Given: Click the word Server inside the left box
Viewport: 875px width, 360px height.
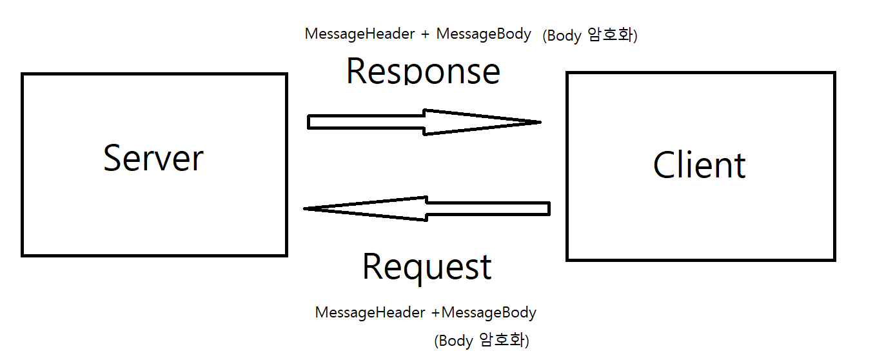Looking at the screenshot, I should pos(153,158).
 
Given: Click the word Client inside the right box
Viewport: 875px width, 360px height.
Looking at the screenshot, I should pos(699,165).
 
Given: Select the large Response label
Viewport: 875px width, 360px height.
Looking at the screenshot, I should pos(423,71).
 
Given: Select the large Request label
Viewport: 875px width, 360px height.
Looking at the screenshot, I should pos(427,266).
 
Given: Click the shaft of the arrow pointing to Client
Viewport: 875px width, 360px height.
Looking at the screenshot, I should pos(365,122).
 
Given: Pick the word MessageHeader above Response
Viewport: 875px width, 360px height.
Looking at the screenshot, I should pos(360,34).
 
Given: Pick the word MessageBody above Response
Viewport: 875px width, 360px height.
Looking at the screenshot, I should pos(484,34).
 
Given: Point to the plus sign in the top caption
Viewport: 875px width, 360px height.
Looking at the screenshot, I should pos(426,35).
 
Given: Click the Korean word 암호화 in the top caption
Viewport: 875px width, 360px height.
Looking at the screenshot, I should pos(612,36).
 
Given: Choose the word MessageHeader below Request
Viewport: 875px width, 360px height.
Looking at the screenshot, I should pos(370,313).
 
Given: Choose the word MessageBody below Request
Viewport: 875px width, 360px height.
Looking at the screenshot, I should pos(489,313).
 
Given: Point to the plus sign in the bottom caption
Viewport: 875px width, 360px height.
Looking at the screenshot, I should pos(436,314).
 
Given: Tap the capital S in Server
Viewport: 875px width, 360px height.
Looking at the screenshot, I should pos(112,158).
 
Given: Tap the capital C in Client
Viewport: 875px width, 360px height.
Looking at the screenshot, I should pos(665,165).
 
